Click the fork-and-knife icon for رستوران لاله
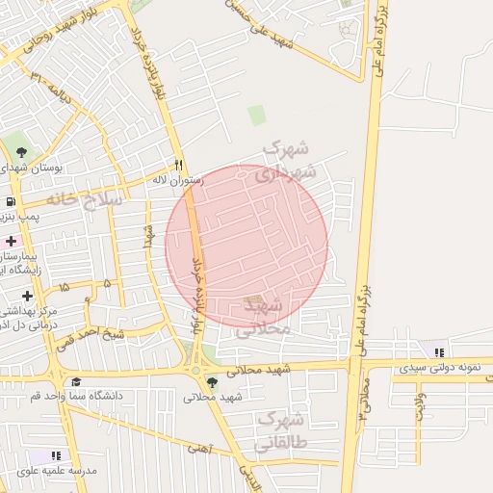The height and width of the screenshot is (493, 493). click(179, 165)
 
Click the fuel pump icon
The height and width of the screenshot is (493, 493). click(10, 201)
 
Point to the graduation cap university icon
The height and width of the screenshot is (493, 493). click(76, 382)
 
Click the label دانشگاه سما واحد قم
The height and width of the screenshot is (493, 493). click(102, 397)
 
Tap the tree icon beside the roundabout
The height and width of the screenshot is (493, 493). click(212, 383)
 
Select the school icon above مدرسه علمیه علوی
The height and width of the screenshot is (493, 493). click(56, 454)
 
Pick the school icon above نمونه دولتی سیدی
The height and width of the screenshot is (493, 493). click(439, 353)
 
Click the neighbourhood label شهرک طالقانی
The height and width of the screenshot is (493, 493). click(281, 432)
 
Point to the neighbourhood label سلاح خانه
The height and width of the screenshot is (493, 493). click(85, 198)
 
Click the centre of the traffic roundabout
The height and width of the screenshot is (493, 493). click(198, 367)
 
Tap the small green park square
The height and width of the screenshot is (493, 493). click(256, 116)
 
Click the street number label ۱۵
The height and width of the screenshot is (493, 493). click(65, 286)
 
